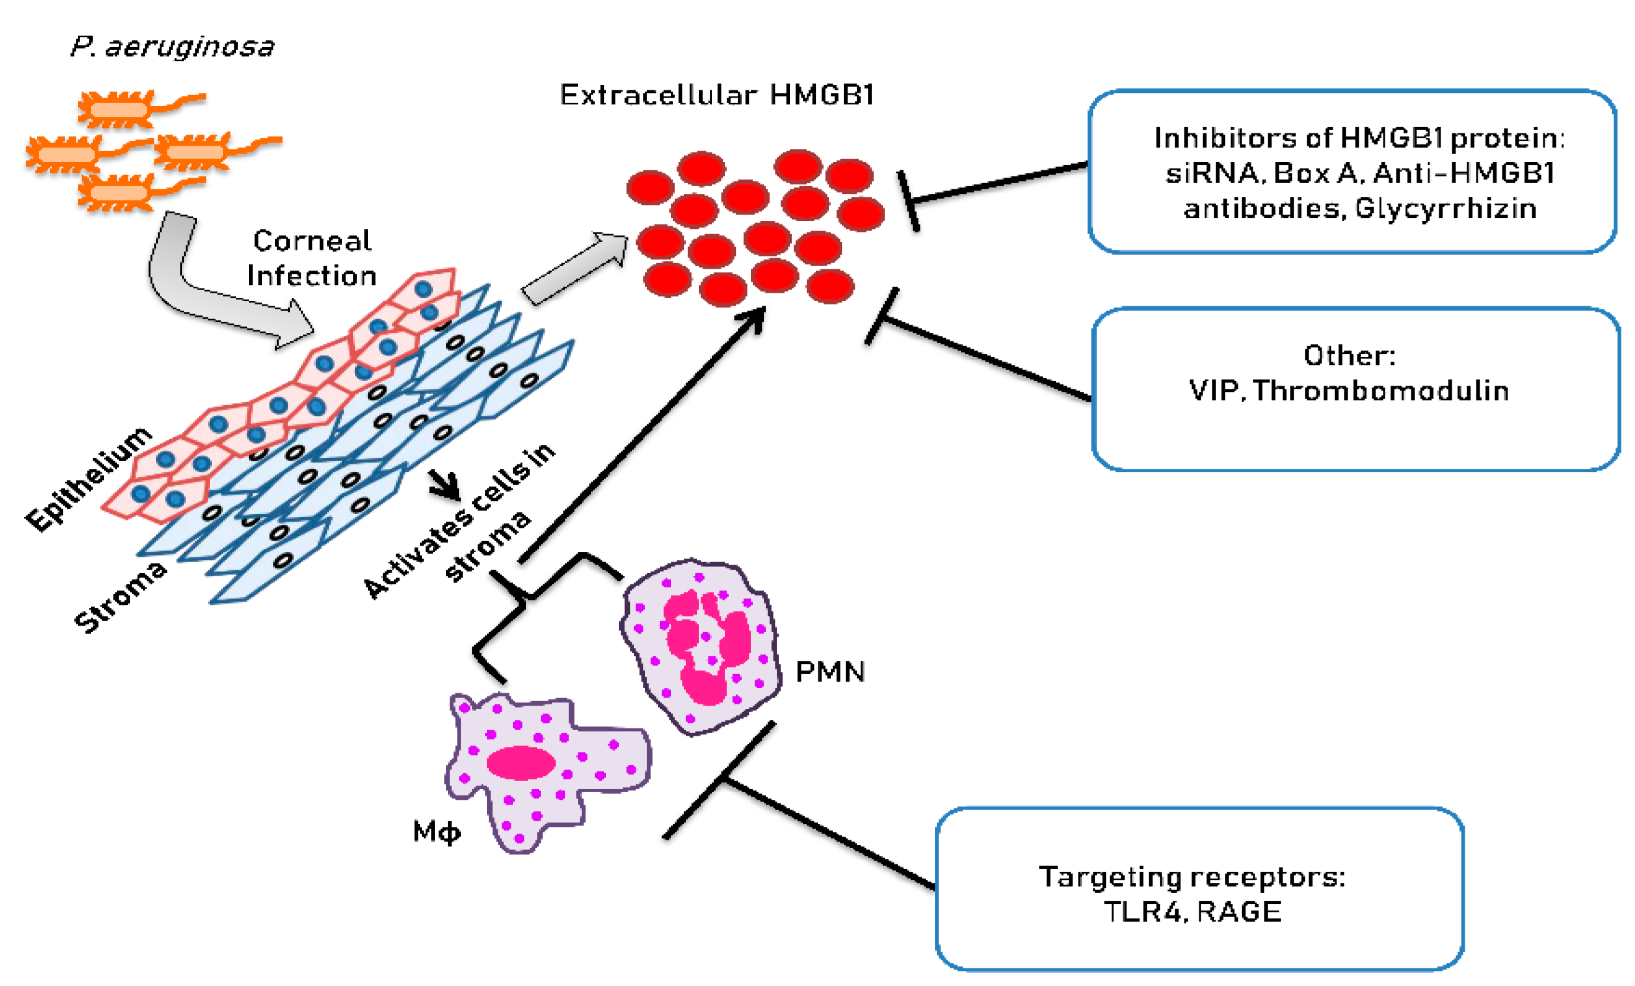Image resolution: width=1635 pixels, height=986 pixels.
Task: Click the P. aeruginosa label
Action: (x=172, y=46)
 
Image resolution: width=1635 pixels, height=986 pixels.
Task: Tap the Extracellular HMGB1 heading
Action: (x=717, y=95)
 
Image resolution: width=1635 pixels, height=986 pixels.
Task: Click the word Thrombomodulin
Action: (x=1381, y=391)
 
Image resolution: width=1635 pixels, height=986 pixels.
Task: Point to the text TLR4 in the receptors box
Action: (x=1143, y=913)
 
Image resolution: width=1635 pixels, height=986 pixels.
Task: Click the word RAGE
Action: (x=1240, y=913)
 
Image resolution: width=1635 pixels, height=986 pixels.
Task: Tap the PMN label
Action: (x=830, y=672)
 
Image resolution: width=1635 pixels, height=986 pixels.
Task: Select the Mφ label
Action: (x=436, y=831)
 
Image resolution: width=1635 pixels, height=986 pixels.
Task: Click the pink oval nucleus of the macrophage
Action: (x=521, y=763)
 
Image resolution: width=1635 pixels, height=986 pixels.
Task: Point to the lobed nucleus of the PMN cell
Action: (x=707, y=647)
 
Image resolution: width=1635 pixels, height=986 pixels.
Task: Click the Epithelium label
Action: (x=89, y=479)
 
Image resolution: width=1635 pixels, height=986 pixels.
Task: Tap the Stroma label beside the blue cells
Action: (x=120, y=596)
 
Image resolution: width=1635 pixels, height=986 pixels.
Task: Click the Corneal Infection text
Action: (x=312, y=258)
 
